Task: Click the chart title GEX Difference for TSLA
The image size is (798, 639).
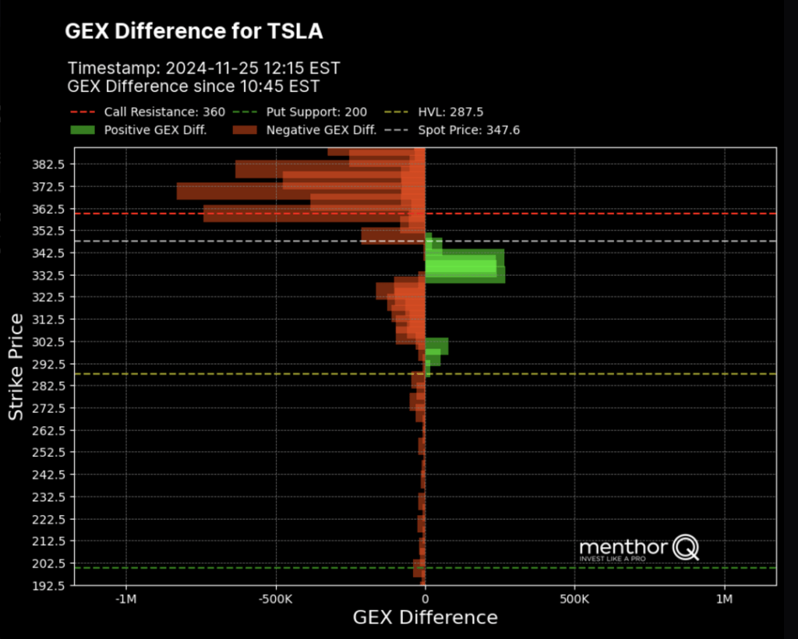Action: (193, 31)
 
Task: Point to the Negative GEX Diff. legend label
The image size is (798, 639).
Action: (321, 130)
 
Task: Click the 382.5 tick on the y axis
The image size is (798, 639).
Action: (48, 164)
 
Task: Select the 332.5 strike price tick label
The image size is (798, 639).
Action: (48, 275)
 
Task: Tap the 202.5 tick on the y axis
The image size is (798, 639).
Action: (48, 563)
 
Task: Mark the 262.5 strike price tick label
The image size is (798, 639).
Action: (48, 430)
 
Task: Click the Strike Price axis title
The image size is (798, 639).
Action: (16, 366)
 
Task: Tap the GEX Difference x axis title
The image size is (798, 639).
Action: (425, 618)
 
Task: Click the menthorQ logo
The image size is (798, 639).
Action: (639, 548)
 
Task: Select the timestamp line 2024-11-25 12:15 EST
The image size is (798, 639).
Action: (203, 68)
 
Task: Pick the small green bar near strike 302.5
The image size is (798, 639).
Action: (436, 345)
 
